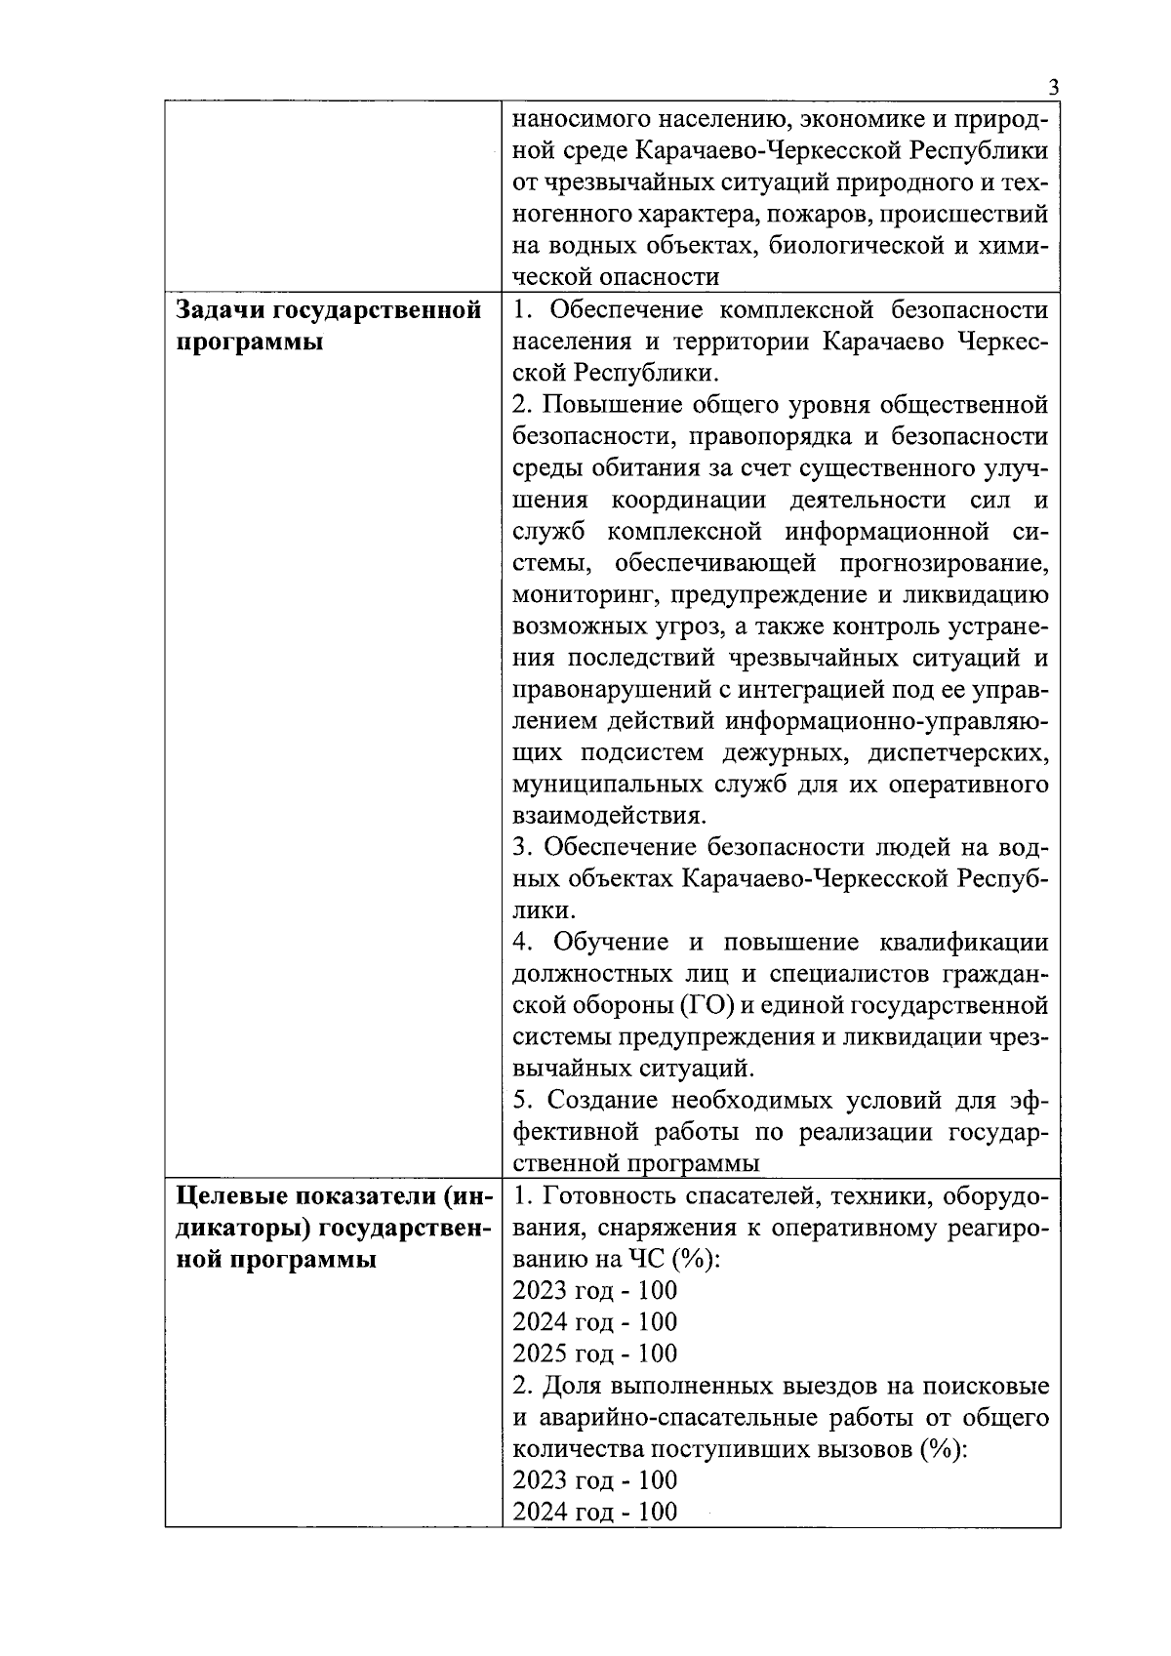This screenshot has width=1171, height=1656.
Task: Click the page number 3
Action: pos(1053,87)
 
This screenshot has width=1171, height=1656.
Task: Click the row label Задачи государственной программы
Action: pos(329,326)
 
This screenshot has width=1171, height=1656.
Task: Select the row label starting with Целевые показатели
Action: pos(329,1227)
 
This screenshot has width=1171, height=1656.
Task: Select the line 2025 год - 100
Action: pos(595,1353)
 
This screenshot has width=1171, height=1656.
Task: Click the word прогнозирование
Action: pos(951,563)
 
